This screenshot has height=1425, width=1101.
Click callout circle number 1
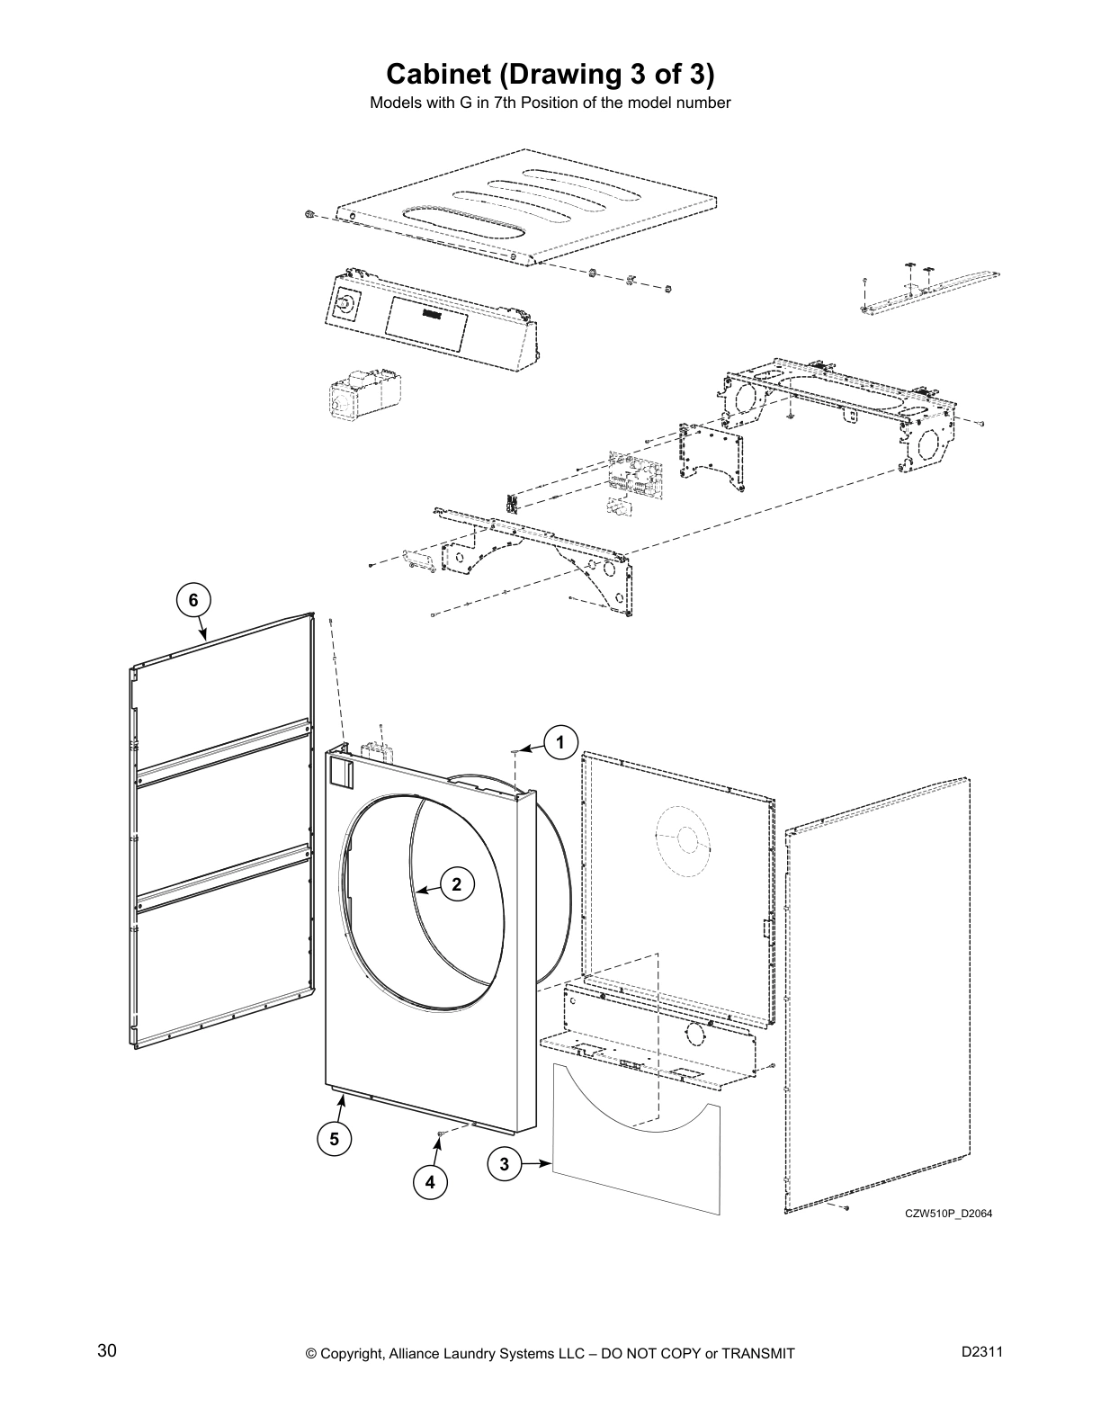point(560,743)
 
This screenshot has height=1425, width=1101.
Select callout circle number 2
point(457,884)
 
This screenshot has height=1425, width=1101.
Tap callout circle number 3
point(504,1164)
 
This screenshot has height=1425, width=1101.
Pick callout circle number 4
point(430,1182)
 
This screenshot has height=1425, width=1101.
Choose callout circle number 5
point(334,1138)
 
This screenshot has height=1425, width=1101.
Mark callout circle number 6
point(192,599)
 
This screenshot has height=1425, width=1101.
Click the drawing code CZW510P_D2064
point(948,1214)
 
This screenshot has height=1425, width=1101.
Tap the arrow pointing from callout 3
point(537,1164)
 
